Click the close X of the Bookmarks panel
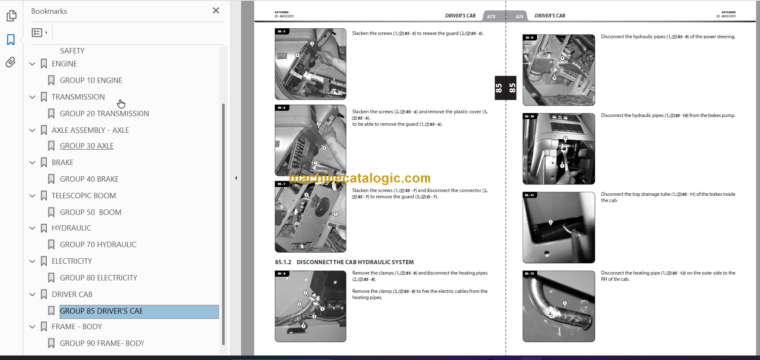(x=216, y=11)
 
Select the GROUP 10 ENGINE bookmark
(x=90, y=80)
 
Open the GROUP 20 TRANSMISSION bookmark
(x=104, y=113)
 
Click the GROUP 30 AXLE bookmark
(x=86, y=145)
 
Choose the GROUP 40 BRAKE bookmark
(x=89, y=179)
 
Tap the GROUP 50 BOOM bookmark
(x=90, y=212)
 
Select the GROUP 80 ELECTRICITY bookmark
(x=98, y=278)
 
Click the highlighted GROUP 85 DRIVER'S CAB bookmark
(x=104, y=312)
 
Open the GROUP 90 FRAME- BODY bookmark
(x=102, y=343)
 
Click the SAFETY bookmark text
(x=72, y=50)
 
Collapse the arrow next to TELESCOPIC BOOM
(x=32, y=196)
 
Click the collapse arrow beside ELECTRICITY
(x=32, y=261)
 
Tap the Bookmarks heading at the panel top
(x=49, y=11)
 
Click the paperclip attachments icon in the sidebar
(x=11, y=61)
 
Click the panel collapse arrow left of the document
(x=236, y=178)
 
